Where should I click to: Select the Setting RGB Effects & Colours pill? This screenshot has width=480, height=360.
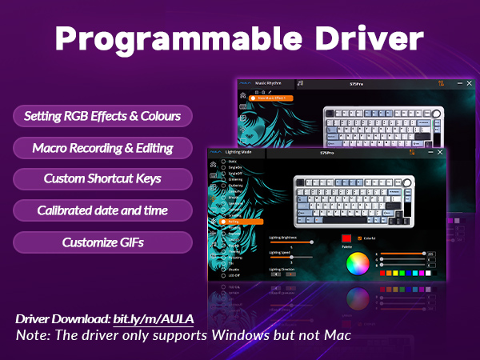(102, 116)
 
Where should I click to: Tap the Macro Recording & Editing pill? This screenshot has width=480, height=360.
(102, 148)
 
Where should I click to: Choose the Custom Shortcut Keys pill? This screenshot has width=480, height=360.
(102, 179)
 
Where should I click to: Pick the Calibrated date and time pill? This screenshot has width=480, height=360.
(102, 210)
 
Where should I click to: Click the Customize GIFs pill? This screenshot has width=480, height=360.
(102, 242)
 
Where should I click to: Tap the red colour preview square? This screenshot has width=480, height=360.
(346, 238)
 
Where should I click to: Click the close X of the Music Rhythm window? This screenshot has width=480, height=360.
(469, 83)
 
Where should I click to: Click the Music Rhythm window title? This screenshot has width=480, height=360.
(270, 83)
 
